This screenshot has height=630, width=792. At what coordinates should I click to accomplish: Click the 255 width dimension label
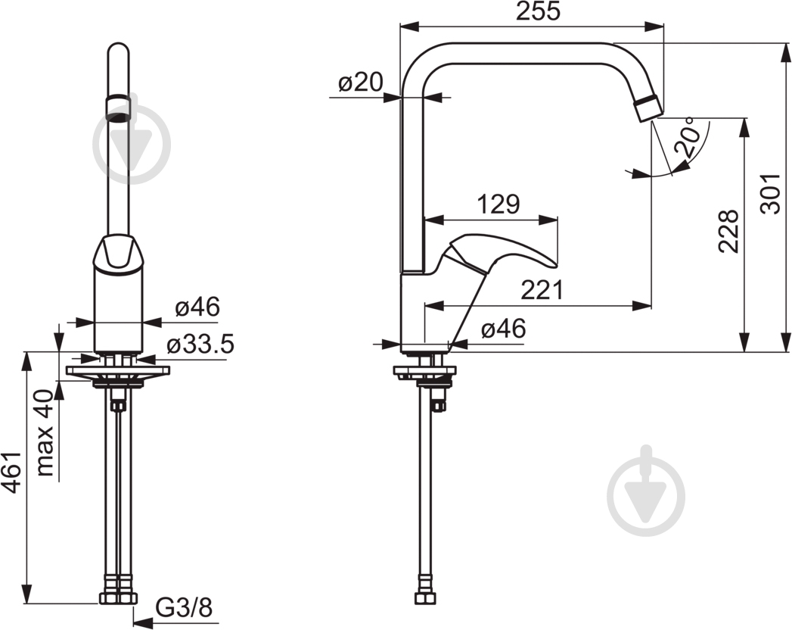pyautogui.click(x=538, y=11)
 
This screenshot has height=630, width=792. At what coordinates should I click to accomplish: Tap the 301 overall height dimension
pyautogui.click(x=772, y=194)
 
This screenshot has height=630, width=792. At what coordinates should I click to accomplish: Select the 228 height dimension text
pyautogui.click(x=729, y=230)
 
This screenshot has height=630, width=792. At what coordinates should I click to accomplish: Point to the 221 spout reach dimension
pyautogui.click(x=542, y=290)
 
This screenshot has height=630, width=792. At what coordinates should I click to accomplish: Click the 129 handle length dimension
pyautogui.click(x=498, y=204)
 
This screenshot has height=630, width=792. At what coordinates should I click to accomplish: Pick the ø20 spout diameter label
pyautogui.click(x=361, y=82)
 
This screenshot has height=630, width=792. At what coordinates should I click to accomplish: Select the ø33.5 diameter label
pyautogui.click(x=200, y=345)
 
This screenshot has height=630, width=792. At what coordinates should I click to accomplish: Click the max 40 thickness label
pyautogui.click(x=45, y=433)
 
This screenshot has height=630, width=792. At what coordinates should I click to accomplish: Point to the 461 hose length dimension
pyautogui.click(x=11, y=472)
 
